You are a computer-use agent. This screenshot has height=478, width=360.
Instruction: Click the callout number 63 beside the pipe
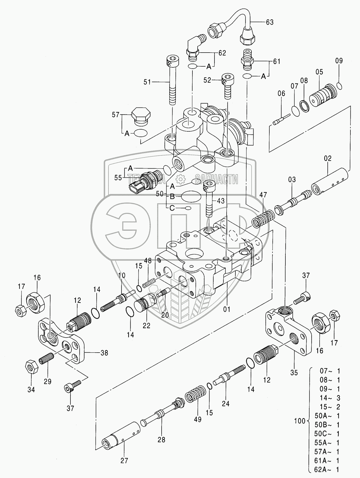(x=270, y=22)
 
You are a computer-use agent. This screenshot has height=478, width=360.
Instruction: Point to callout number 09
(x=339, y=61)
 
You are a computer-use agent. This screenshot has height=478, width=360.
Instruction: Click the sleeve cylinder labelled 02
(x=332, y=181)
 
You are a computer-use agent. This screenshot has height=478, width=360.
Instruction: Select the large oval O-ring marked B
(x=191, y=196)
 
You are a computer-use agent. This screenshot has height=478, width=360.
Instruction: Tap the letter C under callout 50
(x=172, y=208)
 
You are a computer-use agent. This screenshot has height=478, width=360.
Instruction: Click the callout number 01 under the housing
(x=227, y=309)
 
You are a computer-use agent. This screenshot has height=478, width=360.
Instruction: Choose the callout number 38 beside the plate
(x=104, y=353)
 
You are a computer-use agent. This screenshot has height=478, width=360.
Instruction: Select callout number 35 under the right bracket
(x=294, y=373)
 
